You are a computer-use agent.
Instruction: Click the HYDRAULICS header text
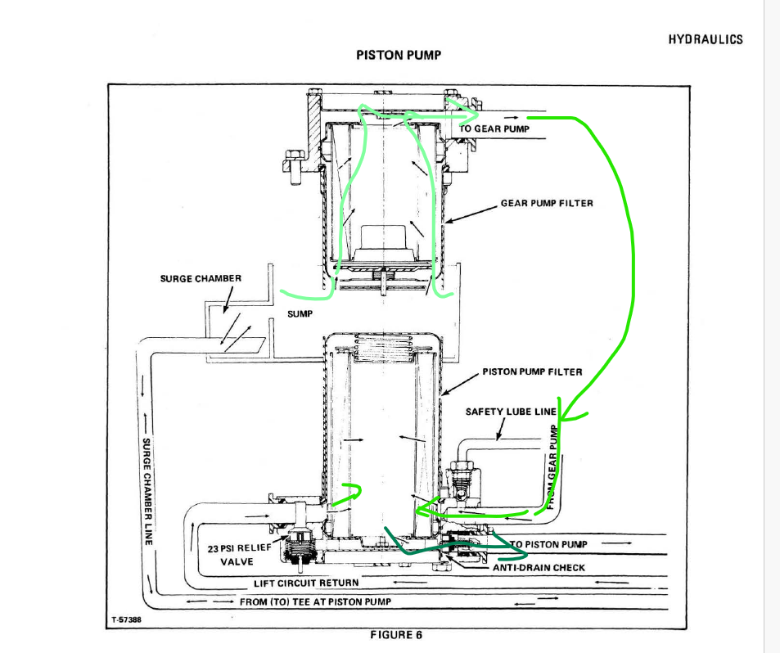click(x=706, y=39)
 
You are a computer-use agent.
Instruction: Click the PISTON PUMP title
click(x=399, y=55)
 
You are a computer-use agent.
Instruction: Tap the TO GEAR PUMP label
click(x=494, y=128)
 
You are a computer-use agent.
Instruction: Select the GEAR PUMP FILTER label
click(x=547, y=203)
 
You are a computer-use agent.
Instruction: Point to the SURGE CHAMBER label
click(x=201, y=278)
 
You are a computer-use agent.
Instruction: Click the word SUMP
click(x=300, y=313)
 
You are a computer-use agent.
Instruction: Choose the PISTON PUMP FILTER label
click(x=532, y=372)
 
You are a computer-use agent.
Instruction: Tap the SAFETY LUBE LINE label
click(x=511, y=412)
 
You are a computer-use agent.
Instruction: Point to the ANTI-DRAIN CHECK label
click(x=539, y=567)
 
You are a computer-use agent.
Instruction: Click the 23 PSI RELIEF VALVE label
click(x=237, y=554)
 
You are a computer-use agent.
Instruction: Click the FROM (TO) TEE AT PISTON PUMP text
click(x=315, y=601)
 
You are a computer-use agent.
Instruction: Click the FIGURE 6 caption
click(x=396, y=635)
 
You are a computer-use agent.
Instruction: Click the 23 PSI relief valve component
click(x=300, y=547)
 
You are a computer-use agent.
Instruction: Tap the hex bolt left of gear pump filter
click(x=291, y=160)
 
